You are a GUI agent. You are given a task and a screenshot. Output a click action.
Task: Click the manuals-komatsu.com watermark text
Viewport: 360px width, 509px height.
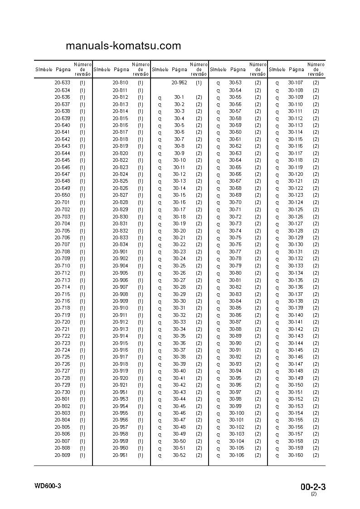pos(123,46)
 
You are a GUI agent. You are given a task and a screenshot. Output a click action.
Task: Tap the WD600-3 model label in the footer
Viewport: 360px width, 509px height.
pos(48,486)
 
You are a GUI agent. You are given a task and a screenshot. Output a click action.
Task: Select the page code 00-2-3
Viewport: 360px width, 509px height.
pos(313,487)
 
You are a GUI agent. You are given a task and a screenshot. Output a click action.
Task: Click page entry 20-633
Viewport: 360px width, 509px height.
pos(62,83)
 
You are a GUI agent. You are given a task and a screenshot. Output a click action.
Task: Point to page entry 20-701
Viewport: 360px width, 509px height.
pos(62,203)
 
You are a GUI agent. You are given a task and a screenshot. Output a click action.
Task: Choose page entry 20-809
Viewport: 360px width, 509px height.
pos(62,455)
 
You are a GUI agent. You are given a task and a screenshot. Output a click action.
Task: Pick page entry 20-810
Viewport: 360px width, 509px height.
pos(120,83)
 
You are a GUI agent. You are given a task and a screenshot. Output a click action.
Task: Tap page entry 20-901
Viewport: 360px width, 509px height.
pos(120,252)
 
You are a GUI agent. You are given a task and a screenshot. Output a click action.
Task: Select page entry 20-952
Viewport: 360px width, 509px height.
pos(179,83)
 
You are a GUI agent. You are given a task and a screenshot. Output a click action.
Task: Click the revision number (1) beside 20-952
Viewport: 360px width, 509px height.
pos(199,83)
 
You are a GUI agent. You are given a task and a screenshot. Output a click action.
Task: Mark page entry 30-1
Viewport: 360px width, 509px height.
pos(179,97)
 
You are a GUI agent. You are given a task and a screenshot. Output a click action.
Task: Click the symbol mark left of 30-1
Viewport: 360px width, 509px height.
pos(160,97)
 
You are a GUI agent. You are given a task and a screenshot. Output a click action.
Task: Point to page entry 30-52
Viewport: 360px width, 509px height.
pos(179,455)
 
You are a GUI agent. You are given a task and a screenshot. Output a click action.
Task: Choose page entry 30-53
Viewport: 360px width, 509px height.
pos(235,83)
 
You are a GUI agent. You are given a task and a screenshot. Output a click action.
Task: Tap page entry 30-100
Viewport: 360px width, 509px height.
pos(236,413)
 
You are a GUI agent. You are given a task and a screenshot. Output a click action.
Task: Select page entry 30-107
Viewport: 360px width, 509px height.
pos(295,83)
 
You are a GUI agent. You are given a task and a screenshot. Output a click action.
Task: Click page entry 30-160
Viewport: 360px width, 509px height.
pos(295,455)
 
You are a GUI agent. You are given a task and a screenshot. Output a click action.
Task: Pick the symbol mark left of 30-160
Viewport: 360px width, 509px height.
pos(277,456)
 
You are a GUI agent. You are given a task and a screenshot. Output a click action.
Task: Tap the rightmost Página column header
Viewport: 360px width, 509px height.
pos(296,70)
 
